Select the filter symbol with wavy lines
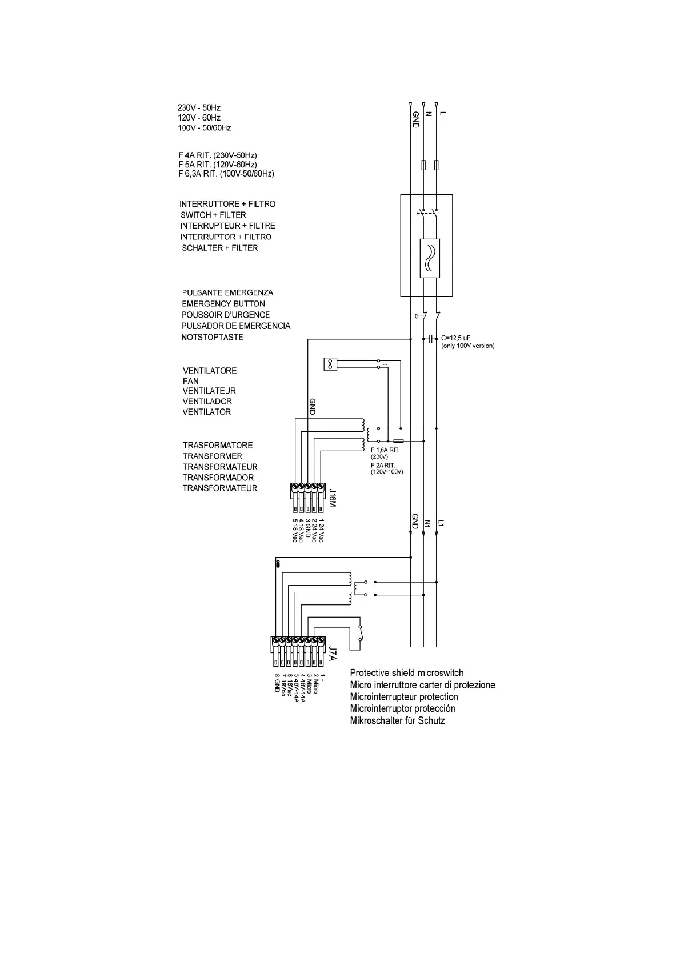tap(430, 258)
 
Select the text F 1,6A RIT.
tap(385, 450)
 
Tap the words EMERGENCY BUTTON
tap(223, 304)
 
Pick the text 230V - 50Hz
tap(199, 107)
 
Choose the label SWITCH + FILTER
tap(213, 215)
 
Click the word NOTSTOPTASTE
tap(213, 337)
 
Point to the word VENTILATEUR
tap(209, 391)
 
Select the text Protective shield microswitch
tap(407, 673)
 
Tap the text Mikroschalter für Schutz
tap(398, 720)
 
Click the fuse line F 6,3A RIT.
tap(226, 174)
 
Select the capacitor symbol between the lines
tap(430, 339)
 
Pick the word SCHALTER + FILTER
tap(219, 248)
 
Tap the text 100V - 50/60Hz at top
tap(205, 128)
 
